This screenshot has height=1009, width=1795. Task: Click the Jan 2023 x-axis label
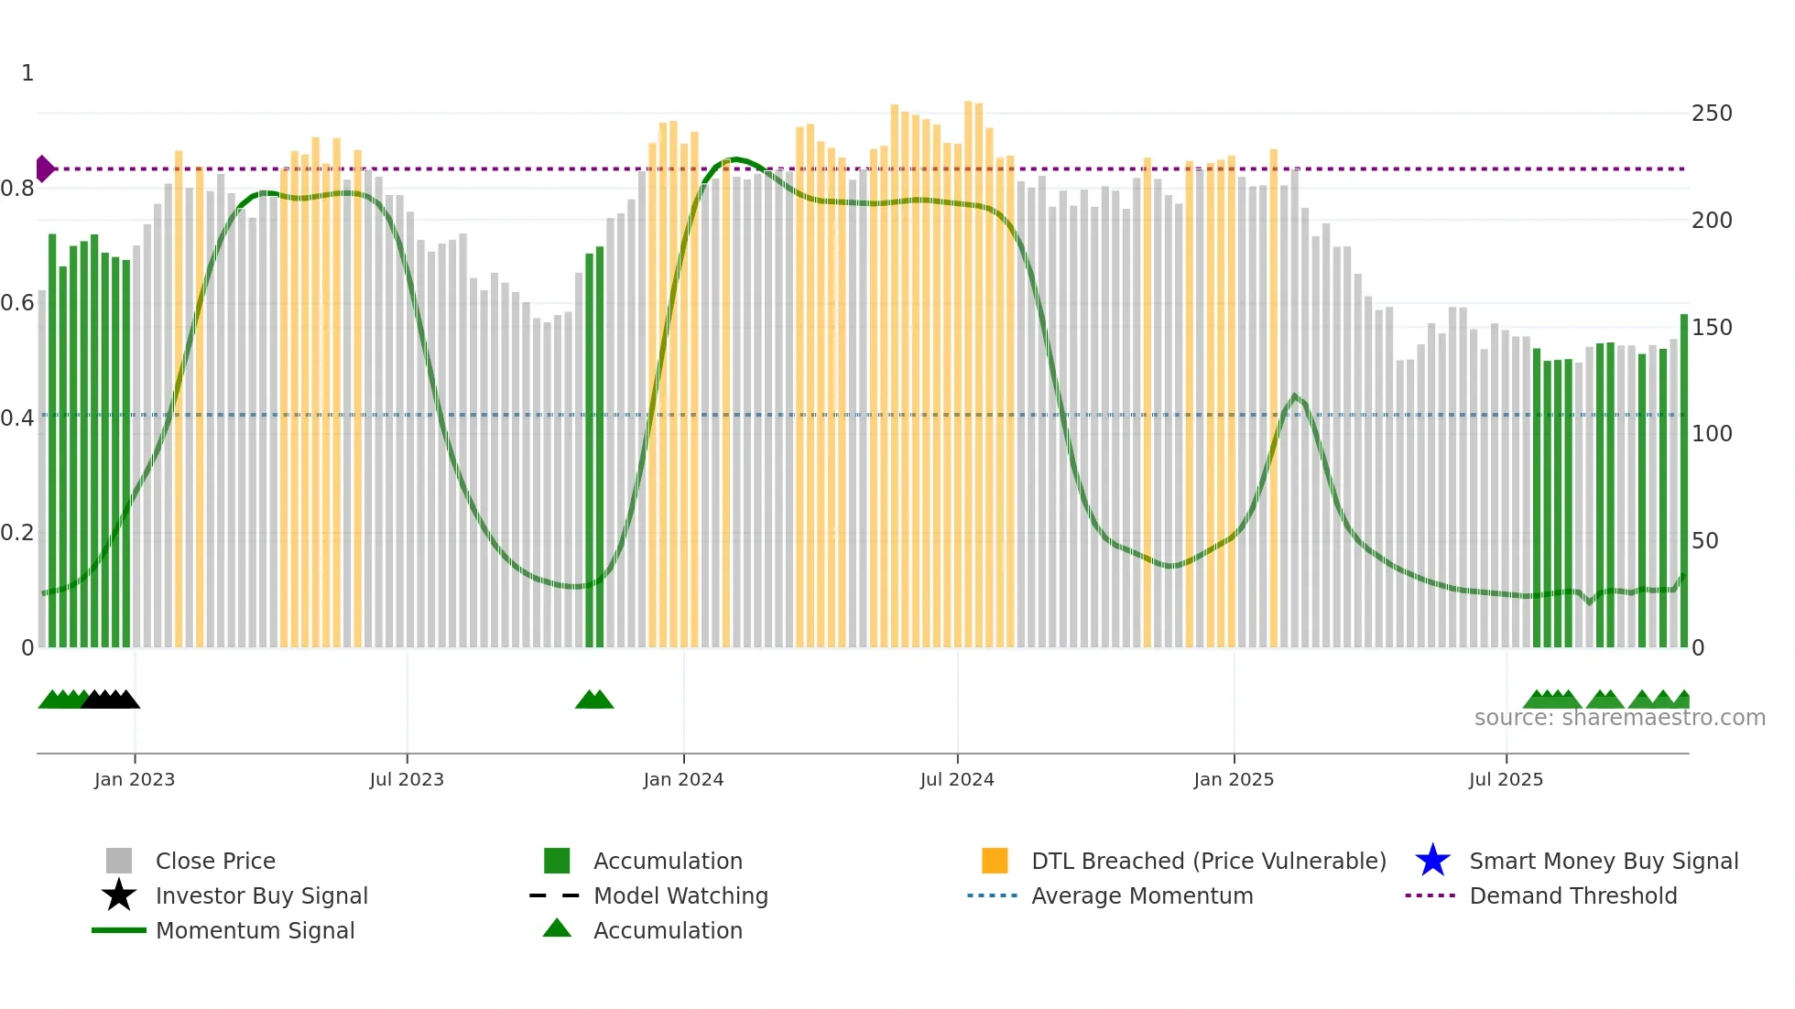pyautogui.click(x=134, y=779)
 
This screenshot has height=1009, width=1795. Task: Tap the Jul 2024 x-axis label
pyautogui.click(x=957, y=779)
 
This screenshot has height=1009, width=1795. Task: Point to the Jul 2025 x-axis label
pyautogui.click(x=1506, y=779)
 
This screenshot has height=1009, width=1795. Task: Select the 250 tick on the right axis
pyautogui.click(x=1712, y=114)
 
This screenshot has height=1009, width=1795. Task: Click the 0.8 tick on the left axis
pyautogui.click(x=18, y=189)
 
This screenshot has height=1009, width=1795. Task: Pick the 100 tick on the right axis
pyautogui.click(x=1712, y=434)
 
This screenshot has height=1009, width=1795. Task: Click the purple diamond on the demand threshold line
pyautogui.click(x=44, y=168)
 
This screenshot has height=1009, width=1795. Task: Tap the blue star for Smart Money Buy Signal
pyautogui.click(x=1432, y=861)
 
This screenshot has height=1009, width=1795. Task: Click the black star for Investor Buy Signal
pyautogui.click(x=119, y=895)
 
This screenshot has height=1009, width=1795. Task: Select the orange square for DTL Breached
pyautogui.click(x=995, y=861)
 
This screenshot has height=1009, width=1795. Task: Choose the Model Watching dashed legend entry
pyautogui.click(x=555, y=895)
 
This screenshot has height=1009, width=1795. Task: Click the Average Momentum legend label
pyautogui.click(x=1142, y=895)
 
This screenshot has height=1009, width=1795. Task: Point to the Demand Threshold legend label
pyautogui.click(x=1572, y=895)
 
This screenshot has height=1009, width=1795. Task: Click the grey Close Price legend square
pyautogui.click(x=119, y=861)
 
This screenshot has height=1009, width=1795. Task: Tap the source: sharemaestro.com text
pyautogui.click(x=1619, y=718)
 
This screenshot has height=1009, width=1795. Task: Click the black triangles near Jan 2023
pyautogui.click(x=110, y=700)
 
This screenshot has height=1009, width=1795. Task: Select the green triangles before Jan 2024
pyautogui.click(x=594, y=700)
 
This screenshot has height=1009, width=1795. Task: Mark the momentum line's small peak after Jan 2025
pyautogui.click(x=1294, y=396)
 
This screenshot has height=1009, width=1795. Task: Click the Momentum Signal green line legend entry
pyautogui.click(x=119, y=930)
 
